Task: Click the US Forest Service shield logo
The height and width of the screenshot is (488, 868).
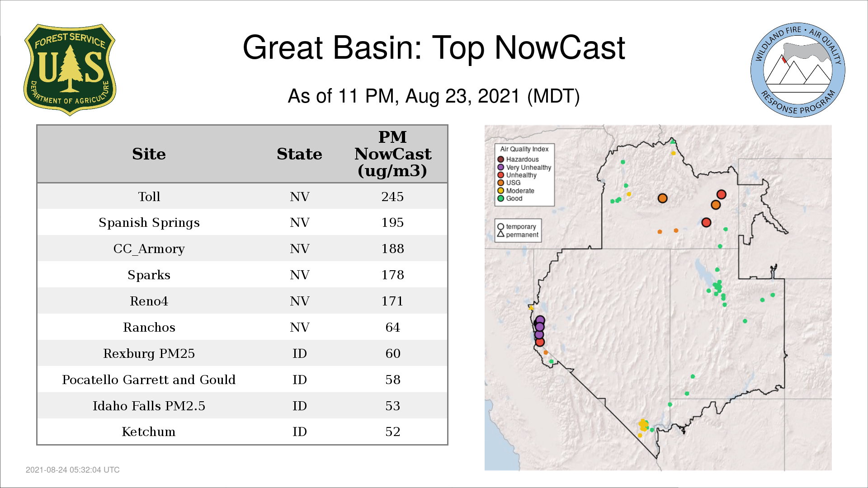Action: coord(70,70)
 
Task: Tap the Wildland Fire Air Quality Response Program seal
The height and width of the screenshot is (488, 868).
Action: coord(797,70)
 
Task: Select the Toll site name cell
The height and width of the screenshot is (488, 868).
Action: coord(149,197)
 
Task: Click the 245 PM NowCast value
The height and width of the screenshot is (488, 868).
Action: coord(392,197)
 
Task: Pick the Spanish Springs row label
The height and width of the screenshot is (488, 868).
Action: coord(149,223)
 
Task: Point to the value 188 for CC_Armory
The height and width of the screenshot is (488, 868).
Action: coord(392,249)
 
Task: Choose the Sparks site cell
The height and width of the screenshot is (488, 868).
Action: coord(149,275)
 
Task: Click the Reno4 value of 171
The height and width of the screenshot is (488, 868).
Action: coord(392,301)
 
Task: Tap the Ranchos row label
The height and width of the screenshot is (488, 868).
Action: coord(149,327)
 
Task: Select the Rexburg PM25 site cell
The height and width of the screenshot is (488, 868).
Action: coord(149,353)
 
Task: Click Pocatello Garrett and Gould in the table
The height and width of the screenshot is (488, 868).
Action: coord(149,380)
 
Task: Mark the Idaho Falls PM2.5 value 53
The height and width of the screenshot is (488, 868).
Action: coord(392,406)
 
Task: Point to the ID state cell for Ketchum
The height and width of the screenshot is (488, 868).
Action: coord(300,432)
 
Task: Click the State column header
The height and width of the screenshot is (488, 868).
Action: coord(300,154)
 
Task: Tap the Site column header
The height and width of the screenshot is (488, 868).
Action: coord(149,154)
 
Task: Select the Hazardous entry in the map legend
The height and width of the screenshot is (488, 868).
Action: coord(518,160)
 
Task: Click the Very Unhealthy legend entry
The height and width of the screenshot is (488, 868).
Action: coord(524,167)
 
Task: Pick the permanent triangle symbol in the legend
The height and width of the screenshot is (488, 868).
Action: coord(500,234)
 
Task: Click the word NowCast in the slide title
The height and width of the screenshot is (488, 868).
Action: coord(560,48)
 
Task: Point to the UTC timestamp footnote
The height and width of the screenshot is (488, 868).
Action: coord(73,470)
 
